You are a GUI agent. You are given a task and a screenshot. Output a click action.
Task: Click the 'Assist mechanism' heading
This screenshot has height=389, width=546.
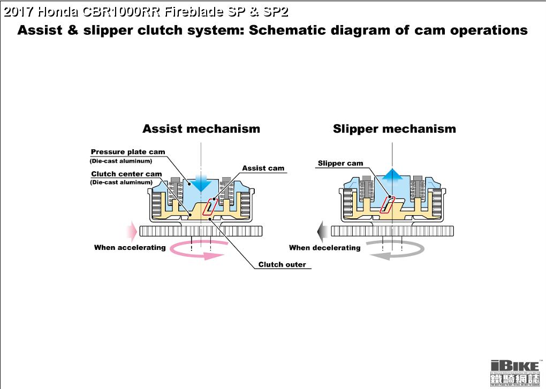coord(201,129)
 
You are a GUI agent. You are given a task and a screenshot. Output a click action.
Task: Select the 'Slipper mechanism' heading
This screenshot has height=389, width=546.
coord(394,129)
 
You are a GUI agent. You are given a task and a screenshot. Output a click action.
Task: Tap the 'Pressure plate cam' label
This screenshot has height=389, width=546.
coord(128,152)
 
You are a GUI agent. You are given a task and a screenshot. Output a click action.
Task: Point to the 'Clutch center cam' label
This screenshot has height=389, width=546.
coord(126,174)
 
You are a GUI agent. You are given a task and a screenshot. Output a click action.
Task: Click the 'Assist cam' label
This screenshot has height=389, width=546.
coord(263,168)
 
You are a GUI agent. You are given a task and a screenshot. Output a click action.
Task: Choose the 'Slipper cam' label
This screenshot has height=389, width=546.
coord(340,163)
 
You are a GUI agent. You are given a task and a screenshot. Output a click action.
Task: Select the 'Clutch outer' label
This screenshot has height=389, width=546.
coord(282,264)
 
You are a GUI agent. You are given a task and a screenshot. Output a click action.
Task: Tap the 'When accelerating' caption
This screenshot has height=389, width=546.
coord(130,247)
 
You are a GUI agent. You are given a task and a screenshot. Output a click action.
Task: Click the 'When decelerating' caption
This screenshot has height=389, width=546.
coord(324,248)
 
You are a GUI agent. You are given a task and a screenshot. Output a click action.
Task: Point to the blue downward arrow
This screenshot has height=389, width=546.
coord(201,182)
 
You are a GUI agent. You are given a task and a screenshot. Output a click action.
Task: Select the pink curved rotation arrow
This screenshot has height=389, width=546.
coord(195,251)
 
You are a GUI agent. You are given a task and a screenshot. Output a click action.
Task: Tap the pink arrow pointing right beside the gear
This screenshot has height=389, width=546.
coord(131,231)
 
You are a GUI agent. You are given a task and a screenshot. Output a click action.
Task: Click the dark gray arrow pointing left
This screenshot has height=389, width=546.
coord(323,231)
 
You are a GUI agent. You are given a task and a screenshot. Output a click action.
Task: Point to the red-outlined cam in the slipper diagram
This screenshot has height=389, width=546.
coord(387,204)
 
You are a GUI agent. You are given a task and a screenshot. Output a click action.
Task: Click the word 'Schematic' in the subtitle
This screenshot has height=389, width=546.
coord(294,30)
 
